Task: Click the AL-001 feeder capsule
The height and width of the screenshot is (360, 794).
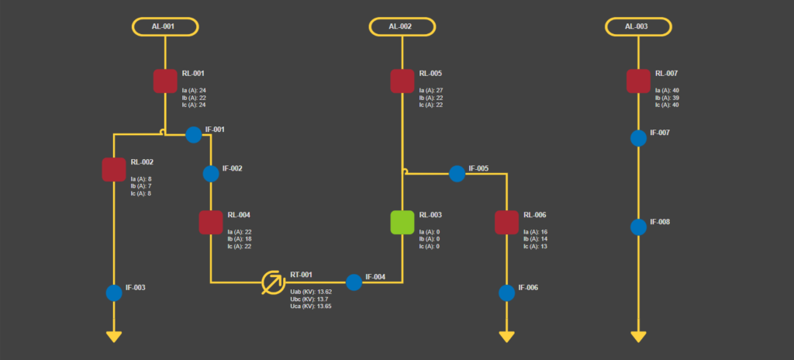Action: (165, 26)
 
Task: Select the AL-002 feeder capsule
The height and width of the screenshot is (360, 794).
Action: (402, 26)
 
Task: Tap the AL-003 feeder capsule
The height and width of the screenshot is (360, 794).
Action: (638, 26)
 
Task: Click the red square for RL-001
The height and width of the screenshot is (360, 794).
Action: (165, 81)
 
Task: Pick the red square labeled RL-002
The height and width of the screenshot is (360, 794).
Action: (114, 169)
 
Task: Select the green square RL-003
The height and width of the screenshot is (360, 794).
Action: (402, 222)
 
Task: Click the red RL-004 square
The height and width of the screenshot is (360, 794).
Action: (211, 222)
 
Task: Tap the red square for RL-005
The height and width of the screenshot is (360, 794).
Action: (402, 81)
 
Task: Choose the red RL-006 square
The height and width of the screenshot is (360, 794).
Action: (506, 222)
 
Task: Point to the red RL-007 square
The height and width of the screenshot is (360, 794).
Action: (638, 81)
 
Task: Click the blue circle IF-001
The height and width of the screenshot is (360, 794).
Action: (193, 135)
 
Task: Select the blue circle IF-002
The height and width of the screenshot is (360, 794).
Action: (211, 173)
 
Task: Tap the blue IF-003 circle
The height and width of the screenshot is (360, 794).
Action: (114, 292)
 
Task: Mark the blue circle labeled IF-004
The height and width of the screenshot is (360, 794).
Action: (354, 282)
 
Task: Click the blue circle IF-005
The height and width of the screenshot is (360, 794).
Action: (457, 173)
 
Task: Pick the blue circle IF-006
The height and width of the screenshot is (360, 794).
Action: (506, 292)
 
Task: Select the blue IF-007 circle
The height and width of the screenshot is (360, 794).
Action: (638, 138)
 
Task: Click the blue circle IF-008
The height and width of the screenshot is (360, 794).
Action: (638, 227)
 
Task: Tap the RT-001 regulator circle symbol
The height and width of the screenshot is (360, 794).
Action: (272, 282)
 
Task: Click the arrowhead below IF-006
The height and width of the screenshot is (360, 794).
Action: (506, 337)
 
